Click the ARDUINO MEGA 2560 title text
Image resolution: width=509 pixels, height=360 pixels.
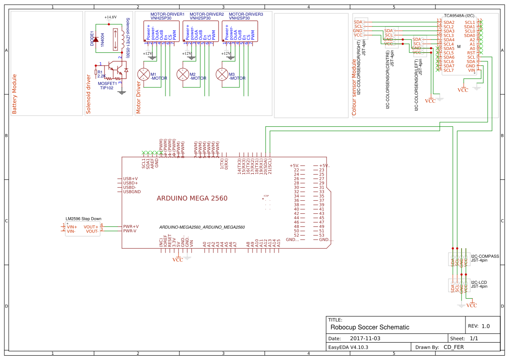click(192, 198)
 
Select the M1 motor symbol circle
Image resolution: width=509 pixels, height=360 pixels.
click(143, 74)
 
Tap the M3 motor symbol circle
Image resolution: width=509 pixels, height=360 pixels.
click(222, 74)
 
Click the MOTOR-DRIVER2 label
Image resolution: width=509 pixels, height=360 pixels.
click(206, 14)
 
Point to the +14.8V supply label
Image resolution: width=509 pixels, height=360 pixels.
click(111, 17)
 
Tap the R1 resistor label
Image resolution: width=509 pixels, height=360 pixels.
click(100, 72)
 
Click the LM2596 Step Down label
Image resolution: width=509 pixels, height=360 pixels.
click(83, 219)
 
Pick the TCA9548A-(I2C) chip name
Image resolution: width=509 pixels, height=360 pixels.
click(459, 15)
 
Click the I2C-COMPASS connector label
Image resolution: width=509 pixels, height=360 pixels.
click(485, 256)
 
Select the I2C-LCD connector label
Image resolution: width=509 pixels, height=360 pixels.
click(479, 282)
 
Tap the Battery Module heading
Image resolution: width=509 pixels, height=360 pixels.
click(14, 94)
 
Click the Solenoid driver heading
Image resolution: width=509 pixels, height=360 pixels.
click(88, 94)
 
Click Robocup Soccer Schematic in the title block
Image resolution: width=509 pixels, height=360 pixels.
click(370, 327)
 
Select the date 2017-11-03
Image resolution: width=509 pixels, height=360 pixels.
click(365, 338)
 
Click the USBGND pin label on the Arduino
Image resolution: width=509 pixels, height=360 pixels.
click(132, 192)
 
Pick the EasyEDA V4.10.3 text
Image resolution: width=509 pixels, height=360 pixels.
click(348, 347)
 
